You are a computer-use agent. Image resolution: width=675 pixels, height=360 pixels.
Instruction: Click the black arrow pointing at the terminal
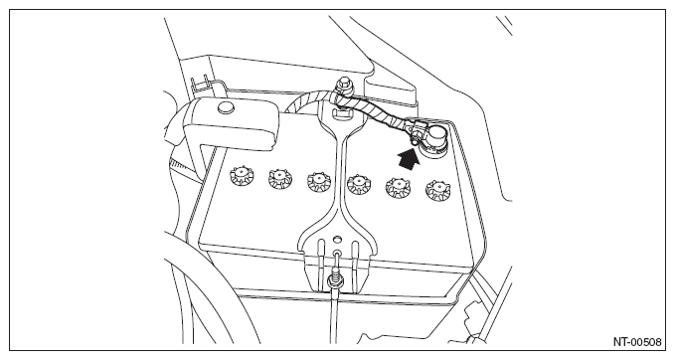pyautogui.click(x=409, y=158)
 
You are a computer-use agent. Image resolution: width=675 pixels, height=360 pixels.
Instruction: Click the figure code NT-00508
pyautogui.click(x=637, y=341)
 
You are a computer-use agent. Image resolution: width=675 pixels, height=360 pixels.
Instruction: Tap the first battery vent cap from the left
pyautogui.click(x=242, y=176)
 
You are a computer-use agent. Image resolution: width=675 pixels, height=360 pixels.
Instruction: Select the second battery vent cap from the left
pyautogui.click(x=280, y=178)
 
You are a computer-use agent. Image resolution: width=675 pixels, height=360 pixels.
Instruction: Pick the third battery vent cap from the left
pyautogui.click(x=320, y=181)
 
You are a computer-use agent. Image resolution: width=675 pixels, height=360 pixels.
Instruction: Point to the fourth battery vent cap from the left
pyautogui.click(x=360, y=184)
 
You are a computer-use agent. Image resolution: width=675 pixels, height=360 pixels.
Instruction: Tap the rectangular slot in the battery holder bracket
pyautogui.click(x=341, y=113)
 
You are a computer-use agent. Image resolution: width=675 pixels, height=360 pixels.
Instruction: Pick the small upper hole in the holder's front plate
pyautogui.click(x=337, y=238)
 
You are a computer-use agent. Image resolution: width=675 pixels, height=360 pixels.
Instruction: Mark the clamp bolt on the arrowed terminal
pyautogui.click(x=416, y=139)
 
